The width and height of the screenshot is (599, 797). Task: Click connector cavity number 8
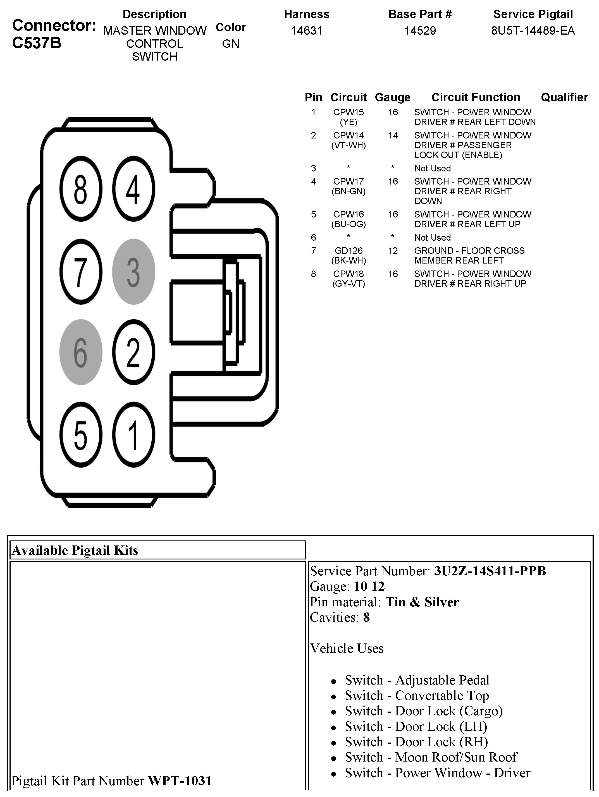pyautogui.click(x=80, y=189)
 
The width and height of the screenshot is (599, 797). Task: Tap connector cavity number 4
pyautogui.click(x=133, y=189)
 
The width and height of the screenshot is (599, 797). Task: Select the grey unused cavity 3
pyautogui.click(x=133, y=272)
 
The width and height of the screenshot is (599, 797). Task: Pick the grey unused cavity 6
pyautogui.click(x=80, y=352)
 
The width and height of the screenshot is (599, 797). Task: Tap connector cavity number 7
pyautogui.click(x=80, y=272)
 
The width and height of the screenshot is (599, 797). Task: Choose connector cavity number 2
pyautogui.click(x=133, y=352)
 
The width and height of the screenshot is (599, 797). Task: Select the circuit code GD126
pyautogui.click(x=348, y=250)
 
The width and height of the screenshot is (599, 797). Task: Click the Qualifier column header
pyautogui.click(x=564, y=97)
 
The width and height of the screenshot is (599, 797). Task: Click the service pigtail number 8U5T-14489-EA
pyautogui.click(x=533, y=31)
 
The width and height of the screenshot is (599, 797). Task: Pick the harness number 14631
pyautogui.click(x=306, y=31)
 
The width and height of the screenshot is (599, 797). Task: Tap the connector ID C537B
pyautogui.click(x=37, y=43)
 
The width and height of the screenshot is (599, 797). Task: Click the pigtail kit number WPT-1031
pyautogui.click(x=180, y=781)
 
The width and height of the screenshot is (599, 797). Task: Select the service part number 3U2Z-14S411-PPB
pyautogui.click(x=490, y=571)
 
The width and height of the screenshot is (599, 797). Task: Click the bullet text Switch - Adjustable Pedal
pyautogui.click(x=417, y=680)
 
